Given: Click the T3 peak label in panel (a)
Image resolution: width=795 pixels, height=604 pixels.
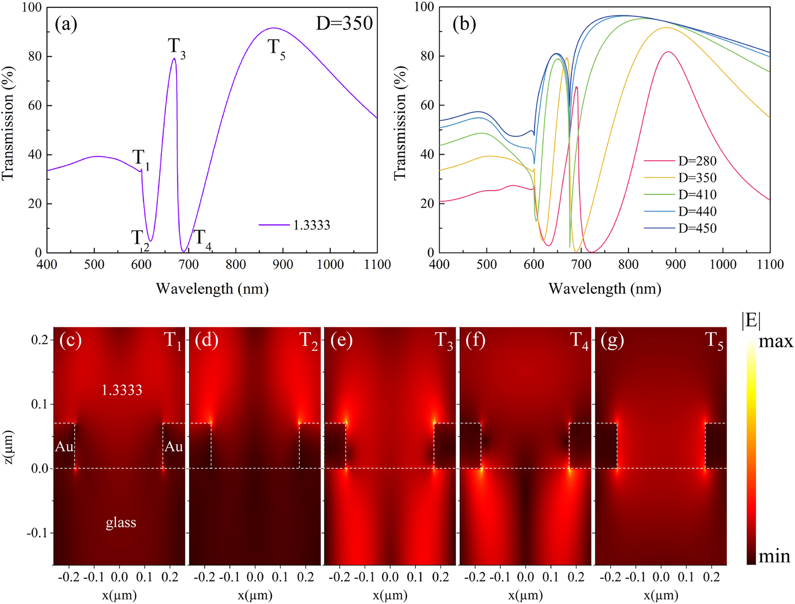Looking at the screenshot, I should (177, 48).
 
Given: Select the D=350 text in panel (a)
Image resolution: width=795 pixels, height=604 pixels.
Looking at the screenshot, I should (344, 23).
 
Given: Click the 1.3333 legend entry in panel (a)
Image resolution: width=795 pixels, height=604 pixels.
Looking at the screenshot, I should (311, 225).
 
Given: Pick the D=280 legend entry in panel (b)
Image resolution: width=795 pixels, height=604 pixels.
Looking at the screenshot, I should (697, 161).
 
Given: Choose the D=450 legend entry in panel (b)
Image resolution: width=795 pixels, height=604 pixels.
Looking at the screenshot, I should (697, 228).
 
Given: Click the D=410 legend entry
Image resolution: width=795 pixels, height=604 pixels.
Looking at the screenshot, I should (697, 194).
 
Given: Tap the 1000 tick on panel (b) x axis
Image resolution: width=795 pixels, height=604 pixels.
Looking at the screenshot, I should (723, 264).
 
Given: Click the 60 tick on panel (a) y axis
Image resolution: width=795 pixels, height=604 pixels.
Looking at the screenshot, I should (35, 106).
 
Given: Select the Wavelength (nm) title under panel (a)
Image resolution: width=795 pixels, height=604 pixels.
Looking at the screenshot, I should (212, 289).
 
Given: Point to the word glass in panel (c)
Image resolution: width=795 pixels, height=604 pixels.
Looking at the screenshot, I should (121, 522).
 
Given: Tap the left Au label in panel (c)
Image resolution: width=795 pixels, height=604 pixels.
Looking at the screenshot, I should (64, 446).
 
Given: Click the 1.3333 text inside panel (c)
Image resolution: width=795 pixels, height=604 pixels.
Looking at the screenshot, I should (122, 390).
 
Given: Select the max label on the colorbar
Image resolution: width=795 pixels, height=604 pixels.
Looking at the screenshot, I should (776, 342).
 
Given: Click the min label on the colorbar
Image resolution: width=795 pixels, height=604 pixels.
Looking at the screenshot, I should (774, 557).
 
